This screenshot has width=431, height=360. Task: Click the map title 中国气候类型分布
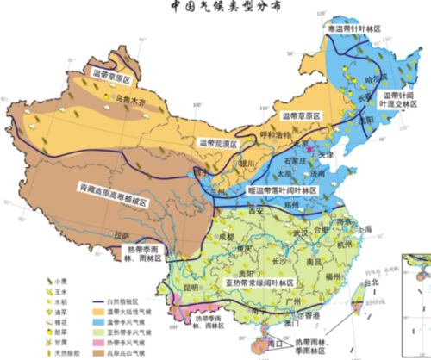click(x=218, y=9)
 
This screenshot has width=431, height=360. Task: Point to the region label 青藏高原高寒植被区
click(x=115, y=185)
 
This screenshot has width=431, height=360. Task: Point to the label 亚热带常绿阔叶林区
click(x=260, y=282)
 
